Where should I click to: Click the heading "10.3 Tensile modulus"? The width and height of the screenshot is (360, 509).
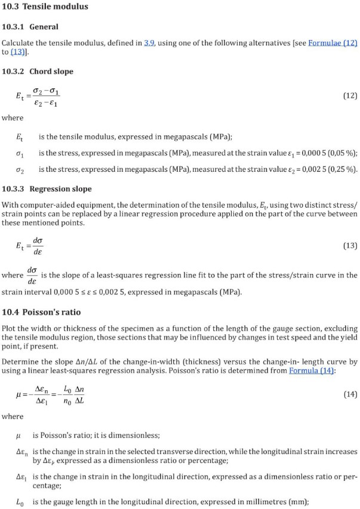tap(45, 7)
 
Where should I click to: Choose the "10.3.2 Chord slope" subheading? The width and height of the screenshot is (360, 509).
tap(38, 72)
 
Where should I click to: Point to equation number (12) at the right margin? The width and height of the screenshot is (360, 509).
tap(350, 95)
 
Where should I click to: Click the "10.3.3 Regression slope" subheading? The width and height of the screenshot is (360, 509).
tap(47, 189)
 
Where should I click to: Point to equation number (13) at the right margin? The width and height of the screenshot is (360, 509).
tap(350, 245)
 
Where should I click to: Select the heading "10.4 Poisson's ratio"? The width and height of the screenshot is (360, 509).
tap(41, 312)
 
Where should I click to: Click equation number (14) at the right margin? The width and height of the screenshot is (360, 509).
tap(350, 394)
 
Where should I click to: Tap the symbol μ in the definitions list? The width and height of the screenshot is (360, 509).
tap(19, 436)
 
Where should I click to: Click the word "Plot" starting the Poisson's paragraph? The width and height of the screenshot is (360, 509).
tap(10, 329)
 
